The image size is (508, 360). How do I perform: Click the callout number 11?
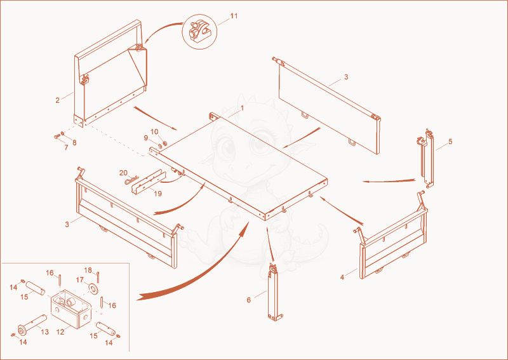[234, 16]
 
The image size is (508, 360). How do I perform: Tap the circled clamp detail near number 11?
[199, 31]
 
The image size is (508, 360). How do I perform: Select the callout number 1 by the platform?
[242, 108]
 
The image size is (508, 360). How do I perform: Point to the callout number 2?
[57, 100]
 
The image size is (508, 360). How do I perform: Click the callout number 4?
[342, 277]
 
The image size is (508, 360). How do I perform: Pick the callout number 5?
[450, 142]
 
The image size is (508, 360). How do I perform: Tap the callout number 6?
[248, 300]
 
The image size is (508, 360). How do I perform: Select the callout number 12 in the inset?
[60, 332]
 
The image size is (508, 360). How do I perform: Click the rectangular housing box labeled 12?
[70, 309]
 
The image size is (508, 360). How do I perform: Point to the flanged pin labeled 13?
[32, 324]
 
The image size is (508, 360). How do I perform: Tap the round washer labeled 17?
[94, 288]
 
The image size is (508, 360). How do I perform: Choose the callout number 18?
[88, 270]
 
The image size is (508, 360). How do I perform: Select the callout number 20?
[123, 173]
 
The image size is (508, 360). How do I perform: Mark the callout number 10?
[154, 131]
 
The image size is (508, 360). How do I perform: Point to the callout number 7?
[67, 147]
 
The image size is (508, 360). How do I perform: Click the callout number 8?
[74, 143]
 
